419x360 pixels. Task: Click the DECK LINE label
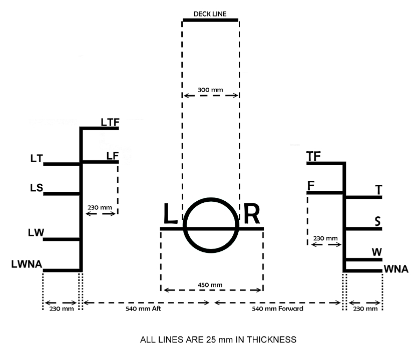(x=210, y=14)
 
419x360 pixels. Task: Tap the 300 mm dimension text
(x=210, y=90)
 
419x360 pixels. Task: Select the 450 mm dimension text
(x=210, y=285)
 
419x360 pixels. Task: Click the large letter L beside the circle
(x=171, y=215)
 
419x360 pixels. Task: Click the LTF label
(x=110, y=122)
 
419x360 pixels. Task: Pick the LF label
(x=112, y=155)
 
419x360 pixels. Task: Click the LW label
(x=36, y=233)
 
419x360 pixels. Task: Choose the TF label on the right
(x=313, y=157)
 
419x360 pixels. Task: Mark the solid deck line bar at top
(x=210, y=21)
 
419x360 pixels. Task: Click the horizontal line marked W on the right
(x=363, y=260)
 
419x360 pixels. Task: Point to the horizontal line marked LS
(x=62, y=193)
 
